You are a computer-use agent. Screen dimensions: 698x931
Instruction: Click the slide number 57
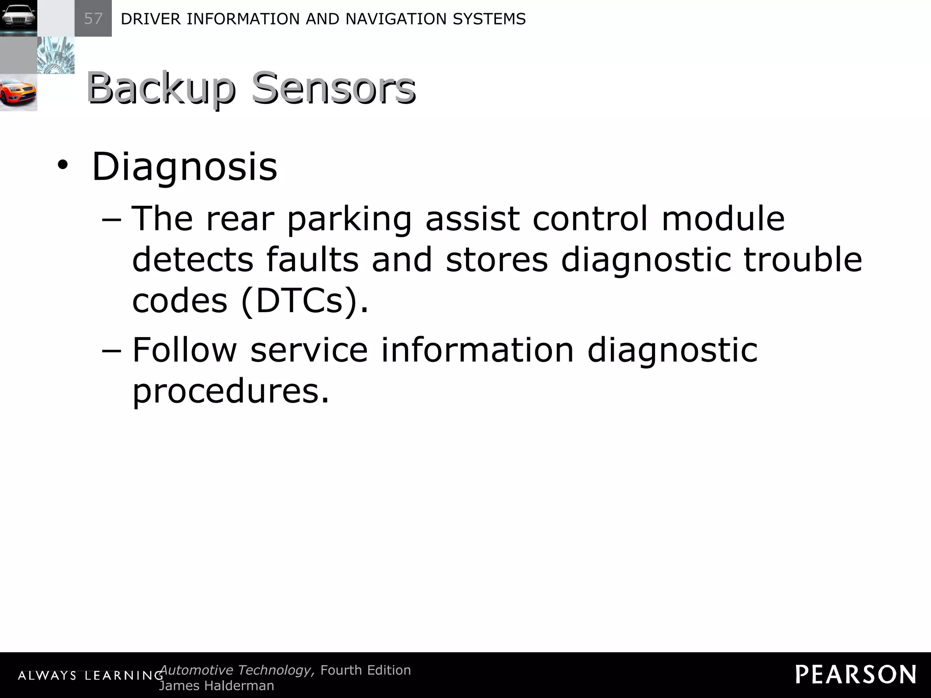coord(93,19)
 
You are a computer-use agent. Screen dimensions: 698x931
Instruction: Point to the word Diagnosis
coord(184,167)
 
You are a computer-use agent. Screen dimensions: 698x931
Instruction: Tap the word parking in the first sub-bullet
coord(349,219)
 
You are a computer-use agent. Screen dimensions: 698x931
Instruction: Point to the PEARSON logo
coord(856,674)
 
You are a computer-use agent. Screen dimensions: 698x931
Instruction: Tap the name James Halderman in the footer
coord(216,686)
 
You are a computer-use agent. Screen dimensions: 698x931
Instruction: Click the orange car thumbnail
coord(18,93)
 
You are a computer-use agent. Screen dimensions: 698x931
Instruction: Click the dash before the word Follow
coord(112,351)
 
